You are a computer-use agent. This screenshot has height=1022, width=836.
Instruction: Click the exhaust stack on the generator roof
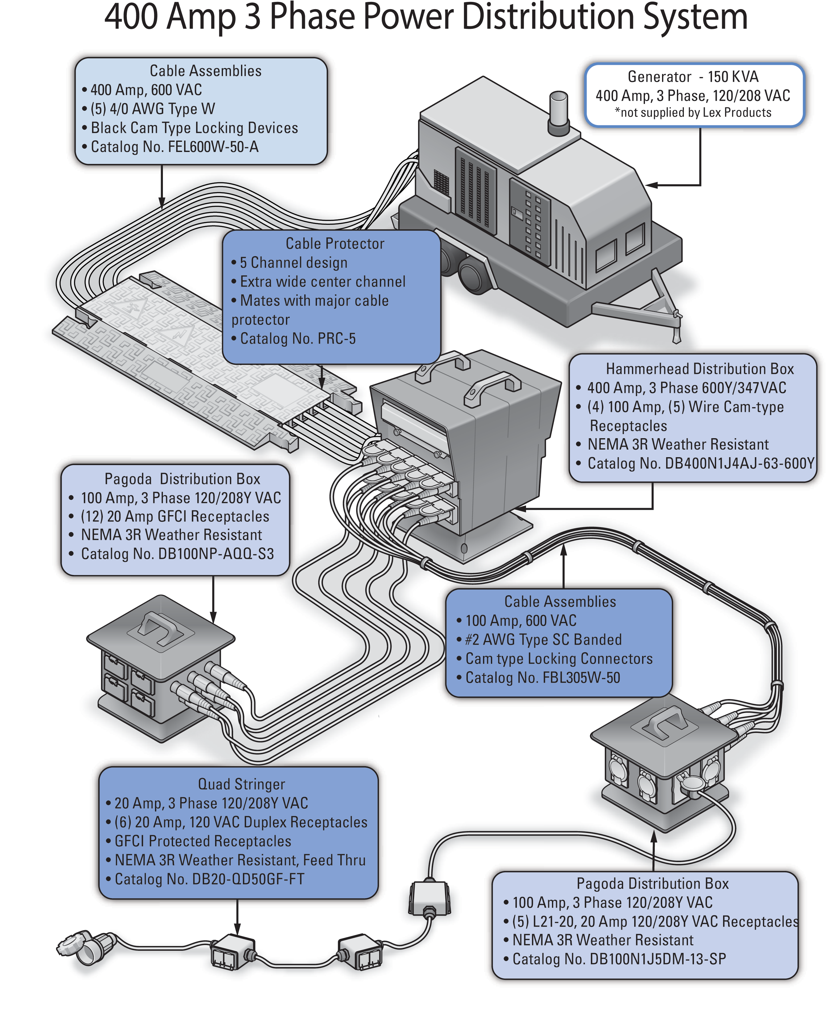pyautogui.click(x=558, y=110)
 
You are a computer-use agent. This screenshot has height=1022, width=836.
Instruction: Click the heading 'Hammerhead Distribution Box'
pyautogui.click(x=699, y=369)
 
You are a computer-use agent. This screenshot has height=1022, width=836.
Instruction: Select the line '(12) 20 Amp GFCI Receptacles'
pyautogui.click(x=175, y=516)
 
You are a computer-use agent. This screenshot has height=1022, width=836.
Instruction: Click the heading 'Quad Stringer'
pyautogui.click(x=241, y=784)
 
